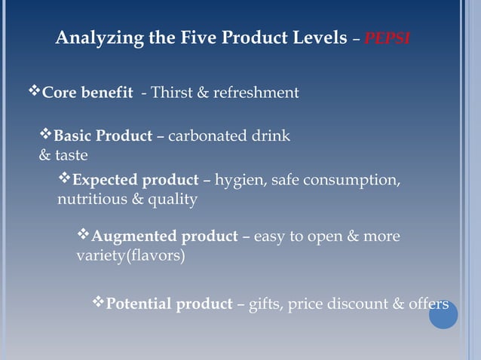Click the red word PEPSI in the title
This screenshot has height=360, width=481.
pos(387,38)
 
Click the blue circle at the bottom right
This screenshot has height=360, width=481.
pos(443,314)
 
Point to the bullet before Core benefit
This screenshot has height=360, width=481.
pos(34,92)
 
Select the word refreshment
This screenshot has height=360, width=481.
pos(256,93)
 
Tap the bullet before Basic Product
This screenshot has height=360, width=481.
pos(46,135)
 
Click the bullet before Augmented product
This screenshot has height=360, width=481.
pos(84,235)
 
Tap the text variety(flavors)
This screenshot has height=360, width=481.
pos(130,255)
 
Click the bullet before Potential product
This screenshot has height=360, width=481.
pos(98,303)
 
